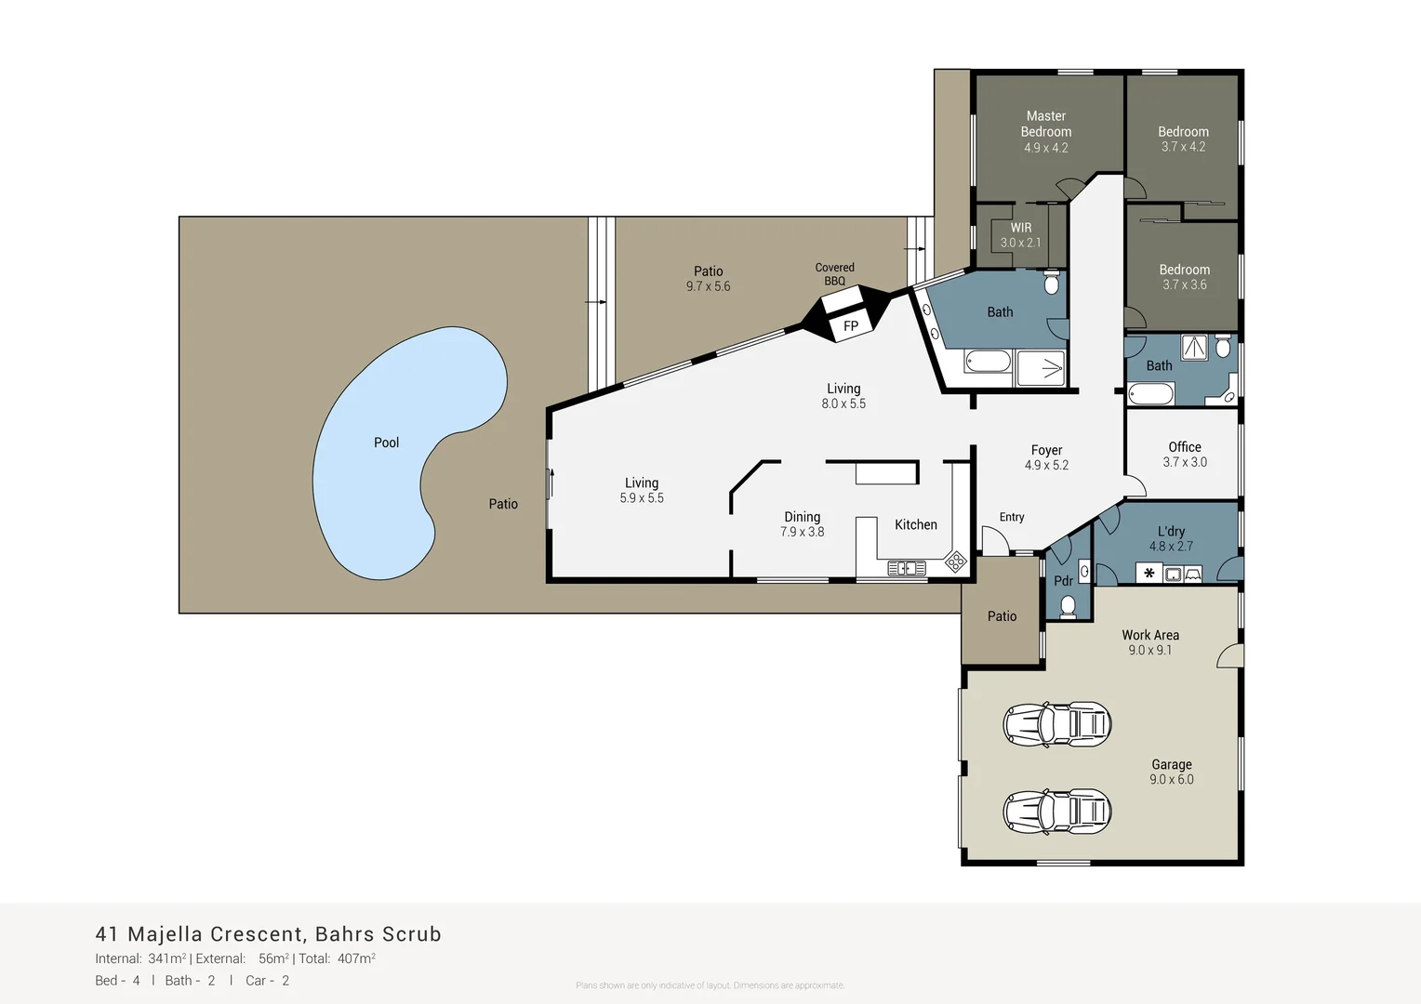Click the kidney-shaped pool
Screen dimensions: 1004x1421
coord(391,456)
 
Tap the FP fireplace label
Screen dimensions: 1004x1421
coord(851,326)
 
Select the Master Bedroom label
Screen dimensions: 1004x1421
coord(1046,131)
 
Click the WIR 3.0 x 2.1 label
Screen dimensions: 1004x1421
coord(1021,235)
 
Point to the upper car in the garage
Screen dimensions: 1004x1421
coord(1057,723)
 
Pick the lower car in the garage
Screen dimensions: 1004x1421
coord(1057,811)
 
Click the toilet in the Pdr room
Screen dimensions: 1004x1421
coord(1068,606)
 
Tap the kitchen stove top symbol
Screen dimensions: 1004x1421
coord(955,561)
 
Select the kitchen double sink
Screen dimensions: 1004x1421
coord(906,567)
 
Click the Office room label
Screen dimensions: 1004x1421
coord(1185,454)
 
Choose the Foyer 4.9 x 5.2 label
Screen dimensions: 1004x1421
coord(1046,457)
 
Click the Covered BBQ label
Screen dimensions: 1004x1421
coord(834,274)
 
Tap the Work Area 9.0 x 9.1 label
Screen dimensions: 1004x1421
coord(1150,642)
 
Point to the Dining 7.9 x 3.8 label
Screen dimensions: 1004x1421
coord(802,524)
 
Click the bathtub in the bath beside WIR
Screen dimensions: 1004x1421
coord(987,361)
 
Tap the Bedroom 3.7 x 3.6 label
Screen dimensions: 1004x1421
coord(1184,277)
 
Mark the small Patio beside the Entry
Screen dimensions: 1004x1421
coord(1002,615)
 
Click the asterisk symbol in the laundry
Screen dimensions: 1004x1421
coord(1149,574)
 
